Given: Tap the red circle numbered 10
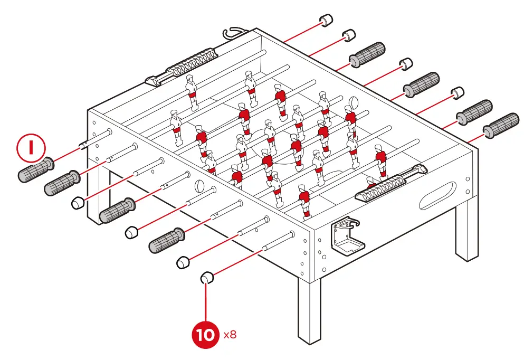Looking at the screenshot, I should pyautogui.click(x=207, y=335).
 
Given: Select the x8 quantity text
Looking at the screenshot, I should pyautogui.click(x=230, y=335).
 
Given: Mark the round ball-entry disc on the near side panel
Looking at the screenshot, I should pyautogui.click(x=199, y=186).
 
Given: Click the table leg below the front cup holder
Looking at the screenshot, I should pyautogui.click(x=309, y=311).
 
